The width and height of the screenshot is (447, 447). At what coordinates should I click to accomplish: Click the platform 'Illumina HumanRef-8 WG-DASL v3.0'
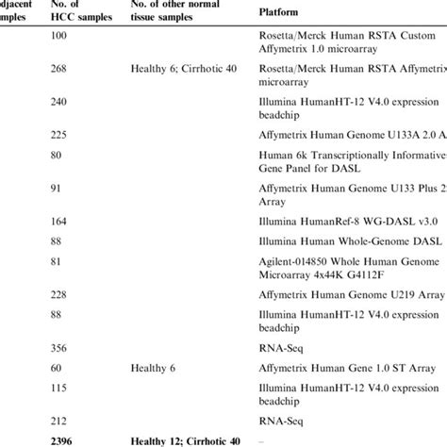[348, 223]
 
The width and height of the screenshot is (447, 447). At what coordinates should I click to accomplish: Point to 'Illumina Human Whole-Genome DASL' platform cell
[349, 242]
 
